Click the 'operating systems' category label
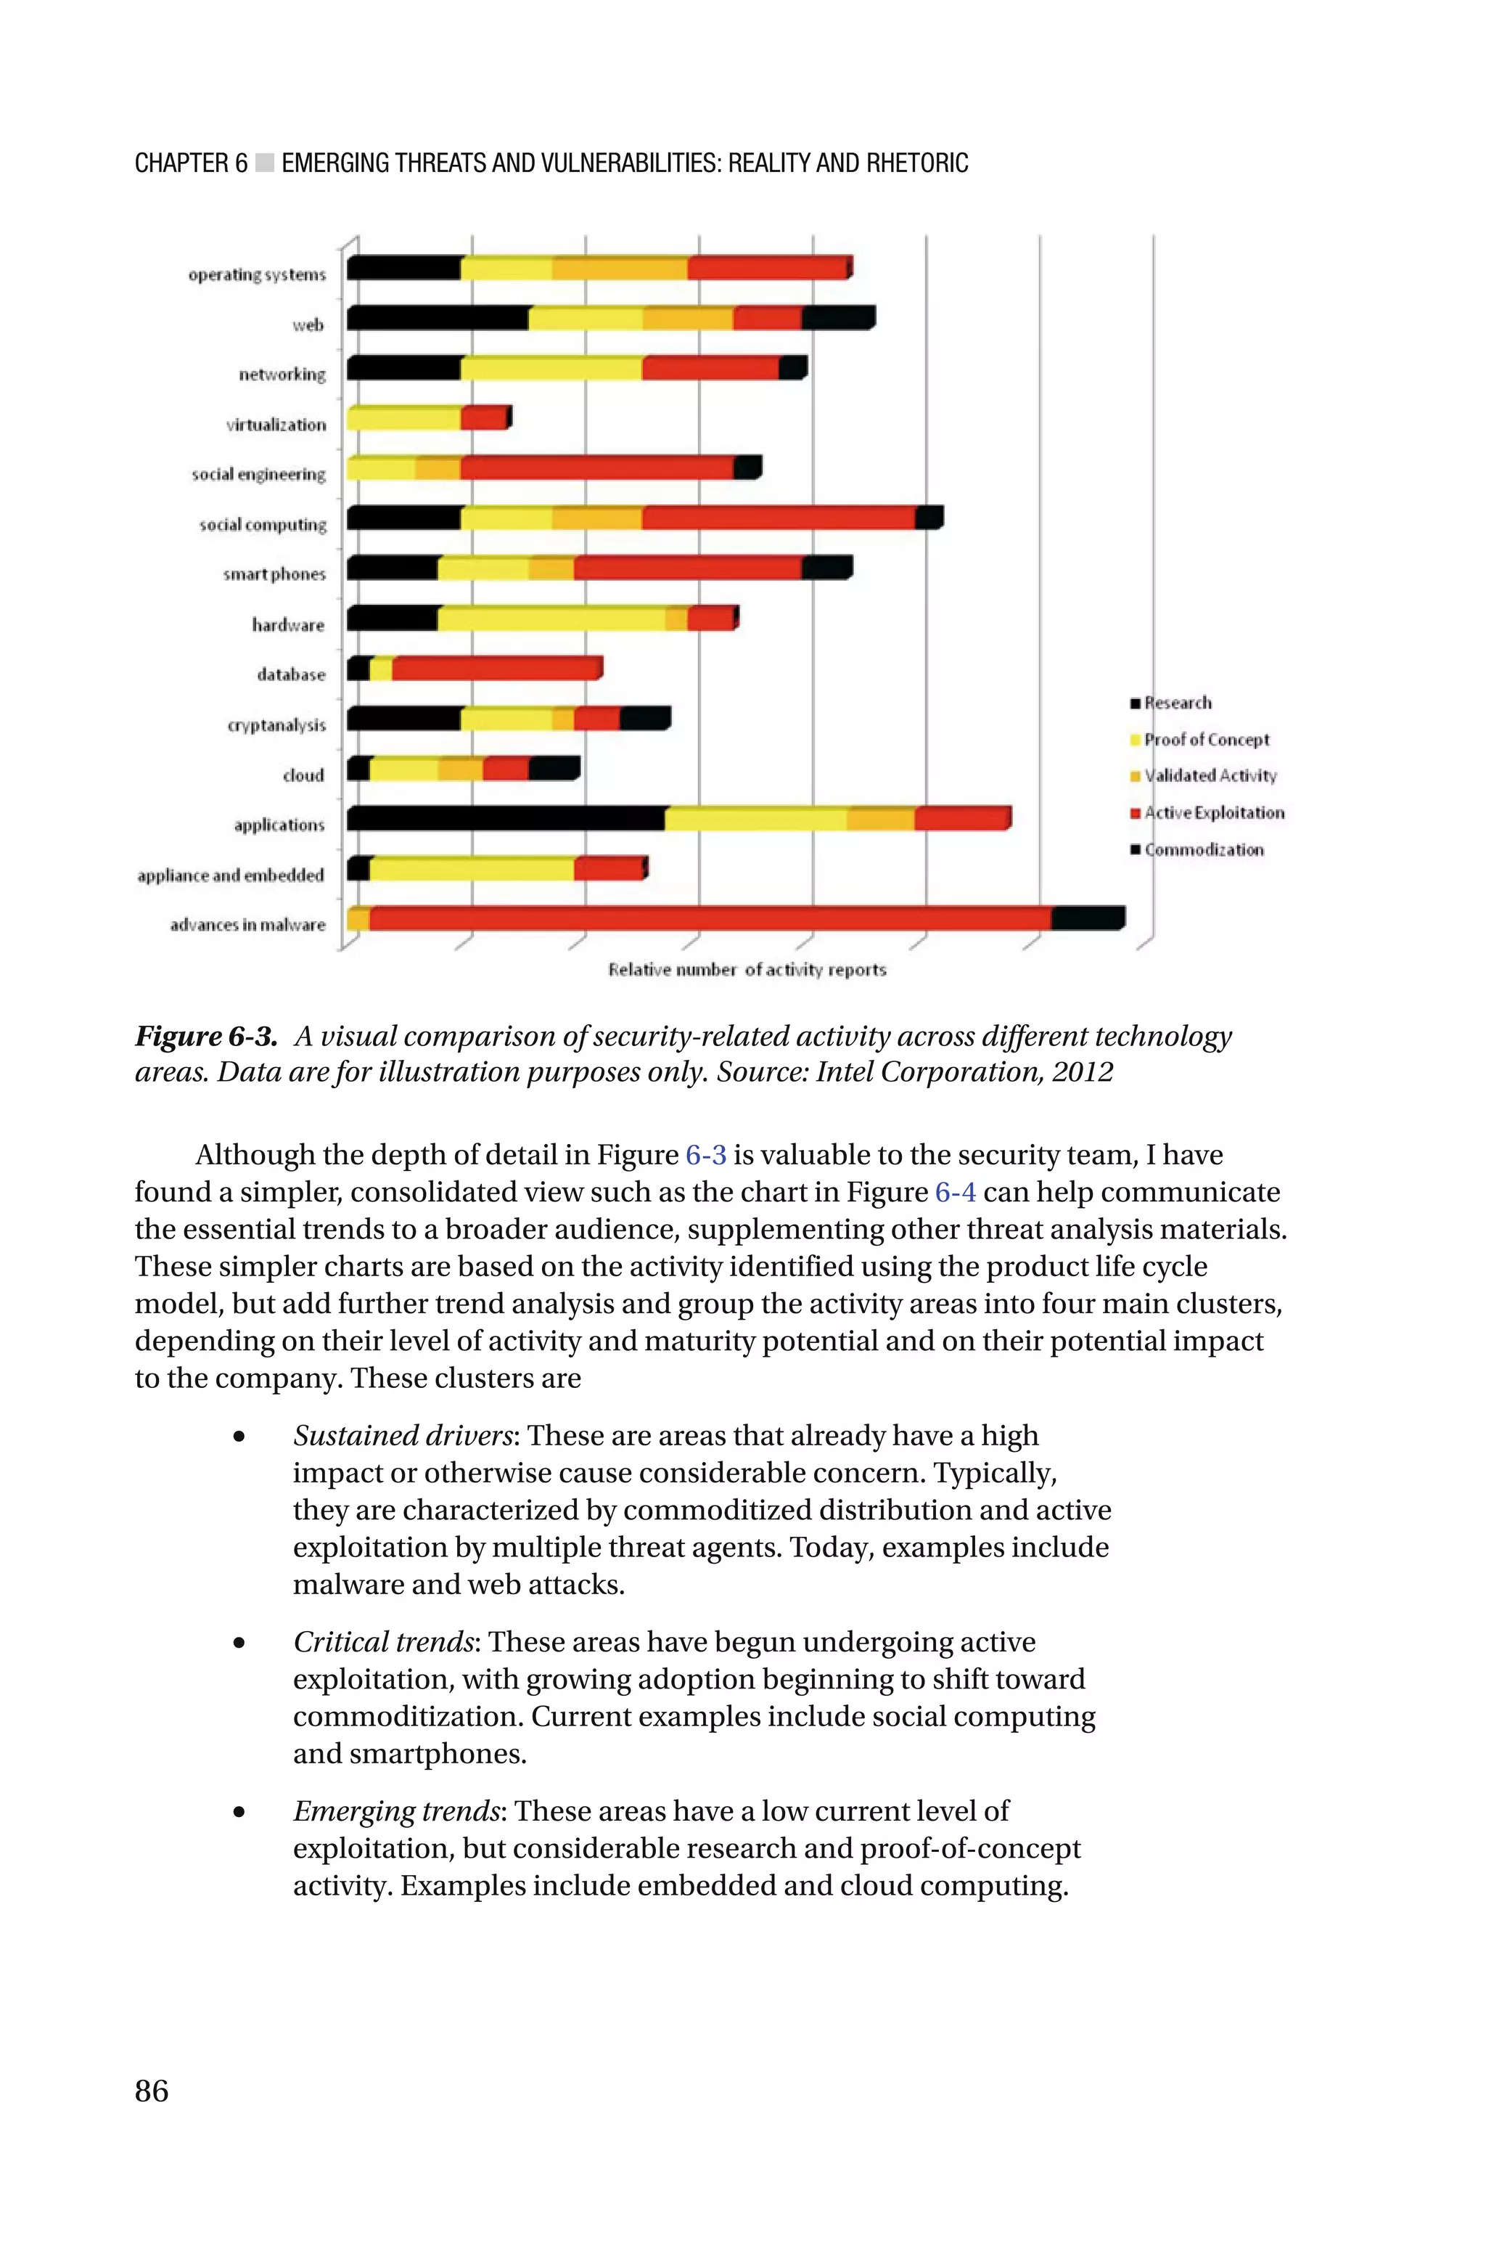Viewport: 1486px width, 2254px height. coord(257,275)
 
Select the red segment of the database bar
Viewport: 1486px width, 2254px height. coord(496,669)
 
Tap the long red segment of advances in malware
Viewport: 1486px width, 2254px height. coord(709,918)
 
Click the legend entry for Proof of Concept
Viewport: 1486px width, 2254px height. coord(1205,739)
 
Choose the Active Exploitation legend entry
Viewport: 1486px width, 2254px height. coord(1213,813)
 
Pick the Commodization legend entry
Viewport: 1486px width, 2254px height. coord(1204,850)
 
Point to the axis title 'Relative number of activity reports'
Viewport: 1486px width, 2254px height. coord(747,970)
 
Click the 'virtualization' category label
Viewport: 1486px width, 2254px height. coord(276,425)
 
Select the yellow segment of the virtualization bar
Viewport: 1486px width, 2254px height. coord(403,418)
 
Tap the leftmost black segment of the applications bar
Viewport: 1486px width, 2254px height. coord(505,818)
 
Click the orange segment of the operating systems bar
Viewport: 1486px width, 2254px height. coord(620,269)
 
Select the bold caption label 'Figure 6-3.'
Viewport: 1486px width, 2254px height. coord(205,1036)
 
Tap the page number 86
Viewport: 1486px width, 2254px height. coord(152,2090)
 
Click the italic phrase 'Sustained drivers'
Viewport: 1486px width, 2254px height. coord(403,1435)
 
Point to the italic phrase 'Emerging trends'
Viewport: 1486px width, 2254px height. coord(396,1810)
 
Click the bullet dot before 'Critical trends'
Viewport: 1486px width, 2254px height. coord(239,1643)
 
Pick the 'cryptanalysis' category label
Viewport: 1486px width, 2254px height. coord(276,725)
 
